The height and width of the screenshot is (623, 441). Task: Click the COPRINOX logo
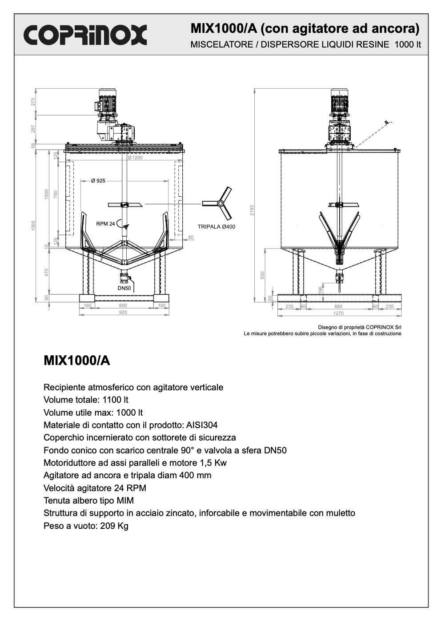(x=85, y=35)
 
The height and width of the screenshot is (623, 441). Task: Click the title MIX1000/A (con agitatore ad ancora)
(x=305, y=29)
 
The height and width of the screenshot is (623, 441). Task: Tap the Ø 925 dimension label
(x=98, y=181)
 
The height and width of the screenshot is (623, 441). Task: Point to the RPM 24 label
(x=105, y=224)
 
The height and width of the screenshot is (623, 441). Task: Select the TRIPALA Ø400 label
(x=216, y=227)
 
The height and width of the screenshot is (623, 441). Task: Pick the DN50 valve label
(x=124, y=289)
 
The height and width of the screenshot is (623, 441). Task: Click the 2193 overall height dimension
(x=252, y=210)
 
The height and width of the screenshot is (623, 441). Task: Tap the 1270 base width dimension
(x=339, y=313)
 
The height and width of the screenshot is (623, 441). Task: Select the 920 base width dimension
(x=123, y=313)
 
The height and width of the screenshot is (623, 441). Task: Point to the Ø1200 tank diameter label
(x=135, y=158)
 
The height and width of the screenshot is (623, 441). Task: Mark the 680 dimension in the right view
(x=338, y=306)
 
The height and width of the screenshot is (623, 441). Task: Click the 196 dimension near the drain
(x=321, y=289)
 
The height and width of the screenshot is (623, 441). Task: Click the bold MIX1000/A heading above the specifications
(x=76, y=361)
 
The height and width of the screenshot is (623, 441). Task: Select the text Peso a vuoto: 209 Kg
(x=86, y=526)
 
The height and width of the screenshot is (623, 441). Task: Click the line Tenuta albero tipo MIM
(x=88, y=500)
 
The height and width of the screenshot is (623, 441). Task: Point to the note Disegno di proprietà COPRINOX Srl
(x=360, y=327)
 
